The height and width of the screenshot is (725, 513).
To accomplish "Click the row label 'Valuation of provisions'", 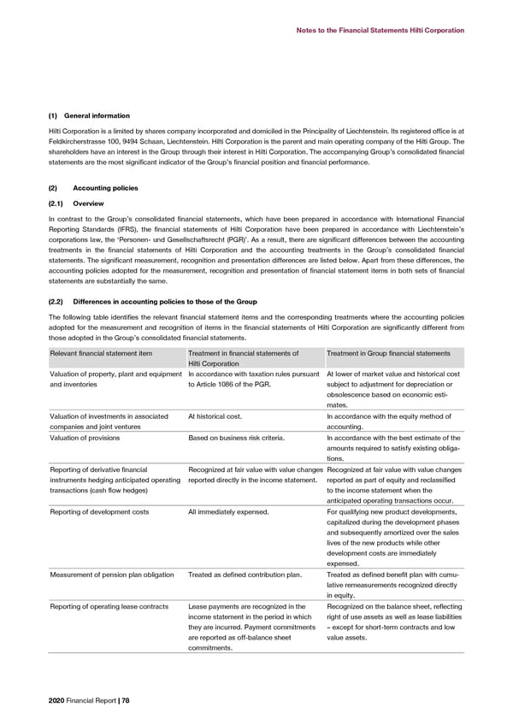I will coord(85,437).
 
